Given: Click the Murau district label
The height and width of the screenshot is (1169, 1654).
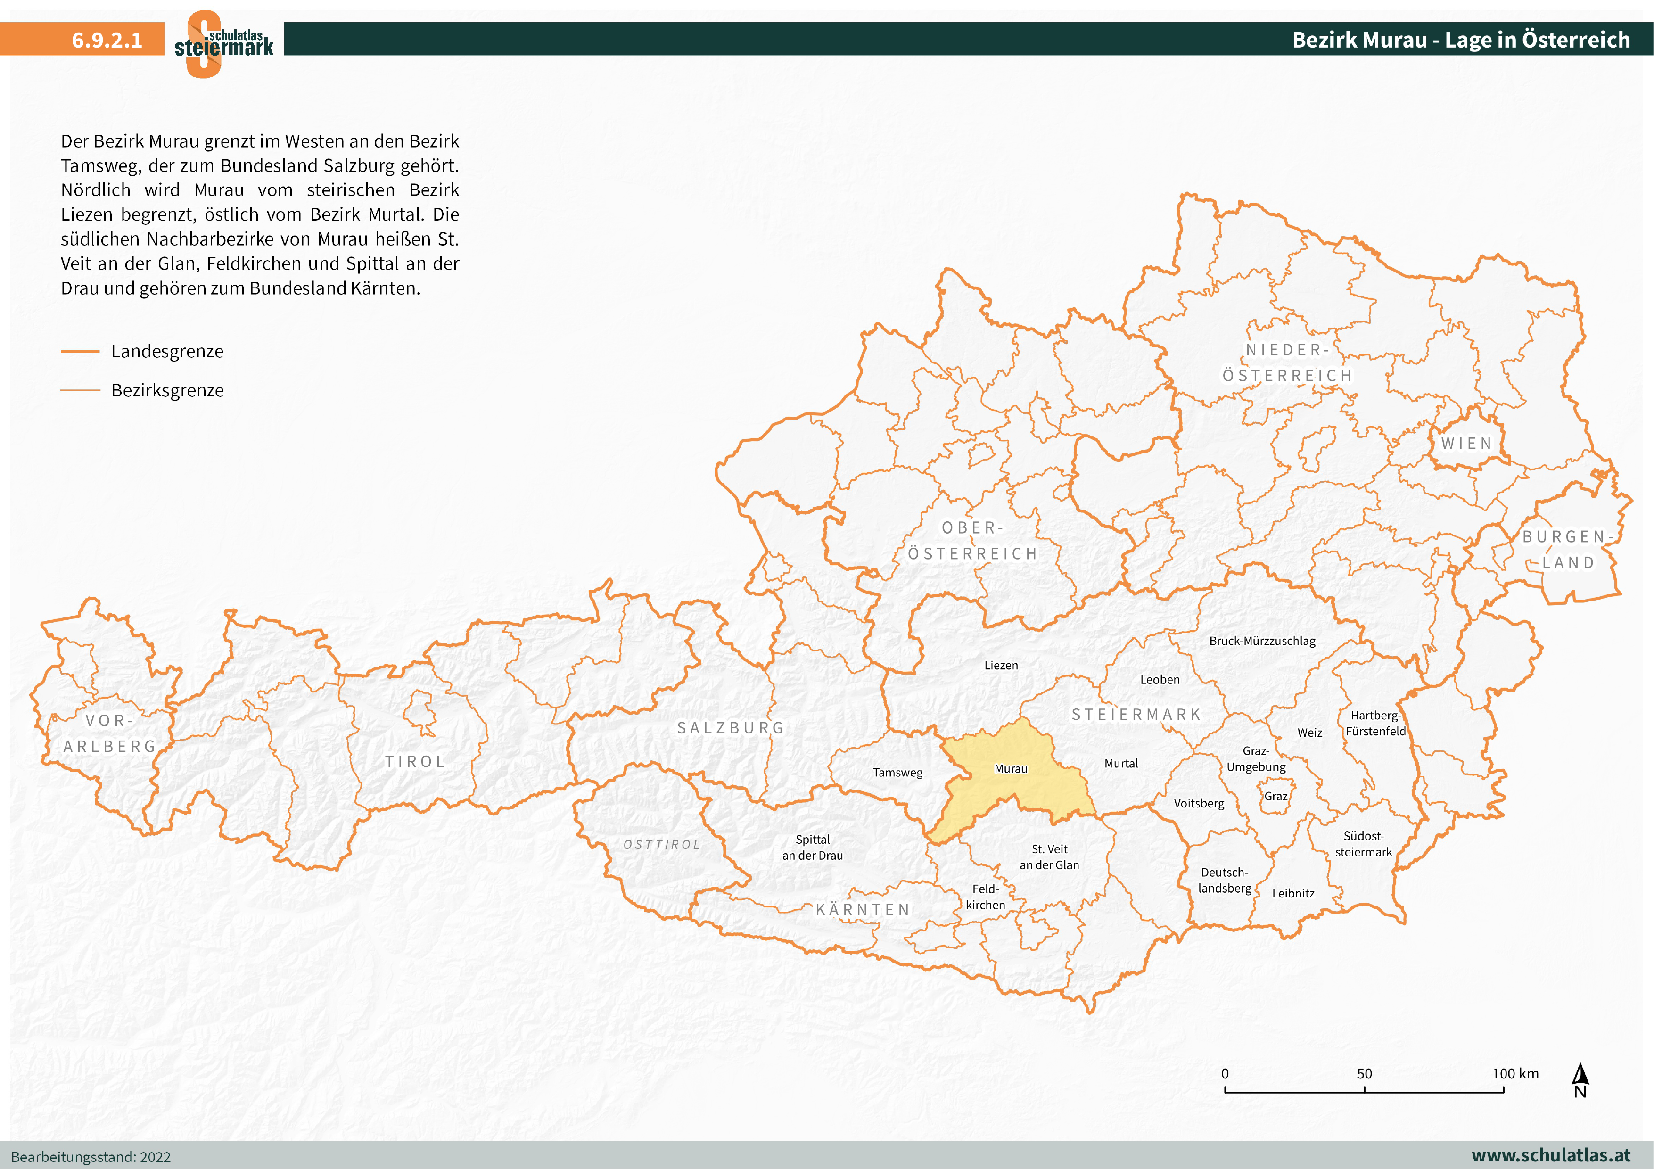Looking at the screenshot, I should pos(1011,768).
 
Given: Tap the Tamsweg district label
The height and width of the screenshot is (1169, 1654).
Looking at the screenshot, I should pos(897,772).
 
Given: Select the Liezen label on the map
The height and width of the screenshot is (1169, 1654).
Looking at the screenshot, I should pos(1001,665).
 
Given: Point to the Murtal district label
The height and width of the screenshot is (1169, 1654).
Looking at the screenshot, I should pos(1121,763).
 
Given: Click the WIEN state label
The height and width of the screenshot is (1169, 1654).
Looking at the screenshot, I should pos(1466,443).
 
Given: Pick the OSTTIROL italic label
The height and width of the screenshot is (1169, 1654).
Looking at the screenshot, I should pos(661,844).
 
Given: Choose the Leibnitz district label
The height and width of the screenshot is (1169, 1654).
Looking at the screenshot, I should pos(1293,893).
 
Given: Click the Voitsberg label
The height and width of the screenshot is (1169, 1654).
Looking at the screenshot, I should pos(1199,803).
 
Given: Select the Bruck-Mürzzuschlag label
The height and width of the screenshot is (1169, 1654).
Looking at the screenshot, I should pos(1262,640).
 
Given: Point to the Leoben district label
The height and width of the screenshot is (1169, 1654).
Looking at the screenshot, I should pos(1160,679).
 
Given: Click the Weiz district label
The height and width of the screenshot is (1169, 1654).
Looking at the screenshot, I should pos(1309,733).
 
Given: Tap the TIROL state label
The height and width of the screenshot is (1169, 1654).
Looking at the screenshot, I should pos(415,761).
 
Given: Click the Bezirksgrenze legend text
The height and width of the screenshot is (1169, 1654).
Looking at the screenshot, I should pos(167,390).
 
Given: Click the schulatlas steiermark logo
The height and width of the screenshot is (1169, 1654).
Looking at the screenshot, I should pos(223,43).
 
